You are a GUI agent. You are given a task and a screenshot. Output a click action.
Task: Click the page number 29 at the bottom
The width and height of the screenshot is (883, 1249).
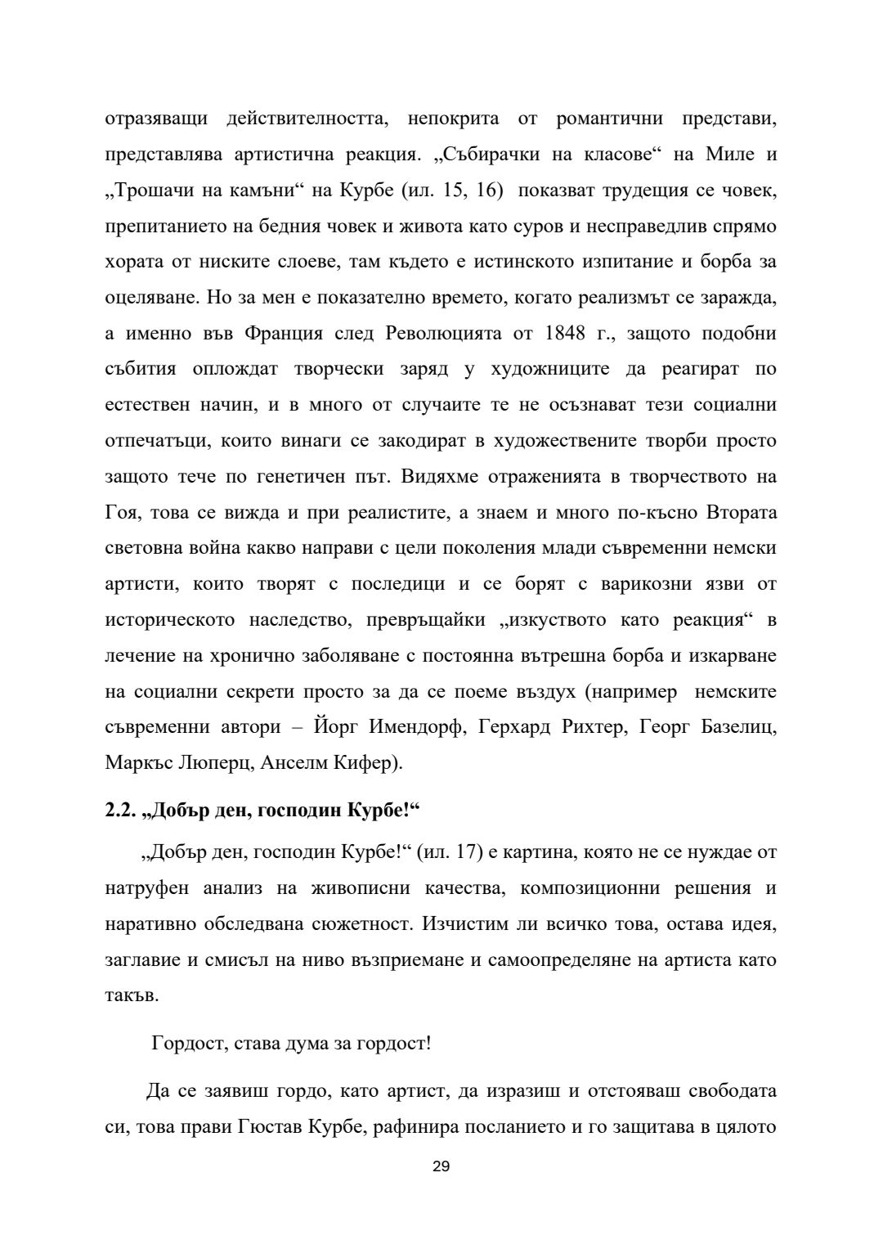point(441,1166)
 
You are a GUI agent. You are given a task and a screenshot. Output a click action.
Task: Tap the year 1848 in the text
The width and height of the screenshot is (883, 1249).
point(568,334)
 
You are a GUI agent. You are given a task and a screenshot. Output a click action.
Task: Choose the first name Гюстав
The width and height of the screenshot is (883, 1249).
point(271,1126)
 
